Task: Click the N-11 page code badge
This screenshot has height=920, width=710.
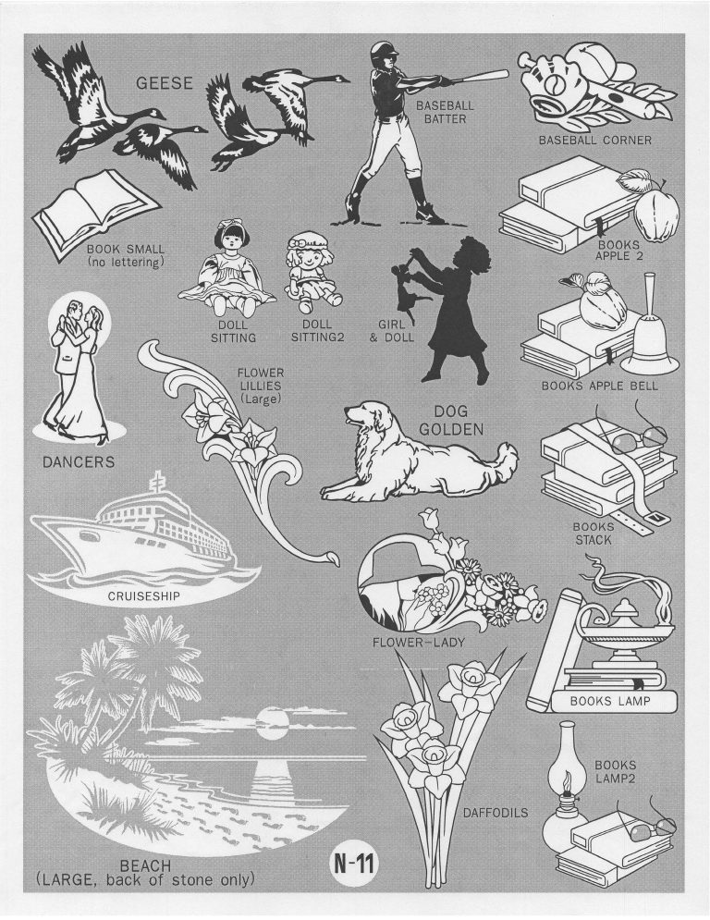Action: (355, 863)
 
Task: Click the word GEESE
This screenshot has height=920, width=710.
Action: (165, 83)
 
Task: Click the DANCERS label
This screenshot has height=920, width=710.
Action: (79, 462)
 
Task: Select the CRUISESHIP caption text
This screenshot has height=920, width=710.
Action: (144, 597)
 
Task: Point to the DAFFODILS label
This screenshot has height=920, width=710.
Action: (496, 813)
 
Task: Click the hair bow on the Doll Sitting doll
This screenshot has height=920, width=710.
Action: (226, 225)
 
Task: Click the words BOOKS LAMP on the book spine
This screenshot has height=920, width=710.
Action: (610, 701)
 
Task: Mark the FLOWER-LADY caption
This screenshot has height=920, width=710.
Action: (419, 643)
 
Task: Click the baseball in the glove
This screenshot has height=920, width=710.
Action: (555, 86)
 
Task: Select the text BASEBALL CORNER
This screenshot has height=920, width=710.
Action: (595, 141)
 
